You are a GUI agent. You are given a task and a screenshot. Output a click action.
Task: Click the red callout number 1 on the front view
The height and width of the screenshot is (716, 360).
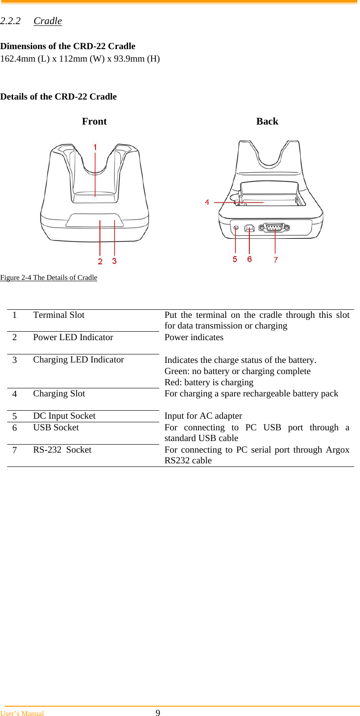click(x=95, y=147)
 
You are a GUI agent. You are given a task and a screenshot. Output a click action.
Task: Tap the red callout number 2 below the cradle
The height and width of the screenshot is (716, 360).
click(x=100, y=261)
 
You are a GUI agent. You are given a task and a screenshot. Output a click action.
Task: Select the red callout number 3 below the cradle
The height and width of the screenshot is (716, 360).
click(x=115, y=261)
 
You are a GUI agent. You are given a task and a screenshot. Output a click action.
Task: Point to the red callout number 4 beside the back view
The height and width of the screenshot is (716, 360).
click(x=207, y=202)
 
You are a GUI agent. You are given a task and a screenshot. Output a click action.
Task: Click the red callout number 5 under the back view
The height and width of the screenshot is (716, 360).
click(x=235, y=259)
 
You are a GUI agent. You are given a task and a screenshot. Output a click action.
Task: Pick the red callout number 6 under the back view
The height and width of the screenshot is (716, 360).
click(x=249, y=259)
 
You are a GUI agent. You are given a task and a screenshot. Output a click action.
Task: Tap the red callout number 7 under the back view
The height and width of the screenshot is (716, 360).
click(x=276, y=260)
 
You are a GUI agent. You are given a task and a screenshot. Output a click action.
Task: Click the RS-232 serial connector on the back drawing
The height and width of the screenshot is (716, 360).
click(x=274, y=228)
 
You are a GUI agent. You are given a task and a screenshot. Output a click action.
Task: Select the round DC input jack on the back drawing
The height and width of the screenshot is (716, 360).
click(x=236, y=228)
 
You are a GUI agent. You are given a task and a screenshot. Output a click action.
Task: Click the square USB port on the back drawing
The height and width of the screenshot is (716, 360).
click(x=249, y=228)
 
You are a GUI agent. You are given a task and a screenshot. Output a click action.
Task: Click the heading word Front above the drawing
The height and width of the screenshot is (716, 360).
click(x=94, y=121)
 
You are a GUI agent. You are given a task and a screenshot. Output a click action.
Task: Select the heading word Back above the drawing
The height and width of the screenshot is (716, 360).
click(x=267, y=121)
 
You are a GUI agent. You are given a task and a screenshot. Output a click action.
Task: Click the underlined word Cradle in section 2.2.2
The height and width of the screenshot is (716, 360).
click(x=48, y=21)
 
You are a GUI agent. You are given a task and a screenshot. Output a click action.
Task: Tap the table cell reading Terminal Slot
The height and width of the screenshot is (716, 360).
click(x=58, y=315)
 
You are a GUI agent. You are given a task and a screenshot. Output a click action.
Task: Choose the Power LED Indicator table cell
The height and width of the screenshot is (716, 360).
click(x=73, y=337)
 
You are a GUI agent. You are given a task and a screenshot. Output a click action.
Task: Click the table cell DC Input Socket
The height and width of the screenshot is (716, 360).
click(x=64, y=416)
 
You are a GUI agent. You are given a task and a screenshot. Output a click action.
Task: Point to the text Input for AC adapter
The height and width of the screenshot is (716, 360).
click(x=203, y=416)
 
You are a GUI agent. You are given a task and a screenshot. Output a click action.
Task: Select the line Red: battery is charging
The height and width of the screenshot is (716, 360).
click(x=209, y=383)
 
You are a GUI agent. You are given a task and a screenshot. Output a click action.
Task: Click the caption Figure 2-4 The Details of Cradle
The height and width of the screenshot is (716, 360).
click(x=49, y=278)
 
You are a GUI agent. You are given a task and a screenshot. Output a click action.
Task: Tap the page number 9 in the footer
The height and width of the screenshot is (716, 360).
click(x=157, y=713)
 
